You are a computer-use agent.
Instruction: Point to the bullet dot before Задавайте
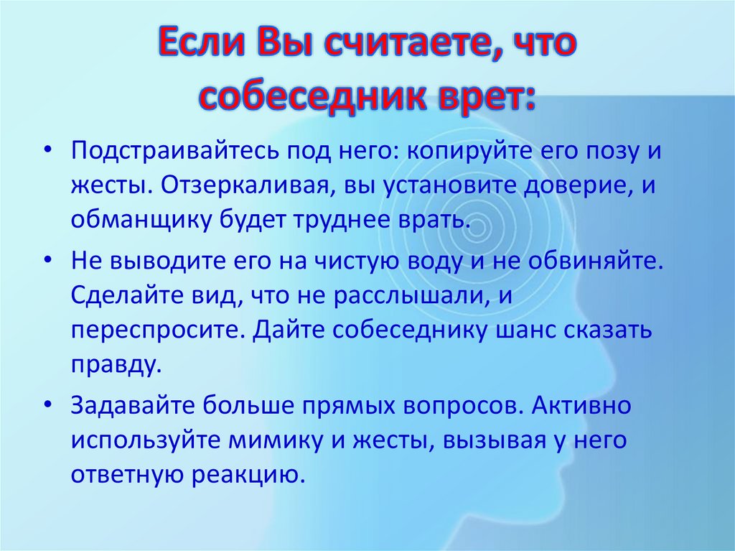[x=47, y=404]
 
